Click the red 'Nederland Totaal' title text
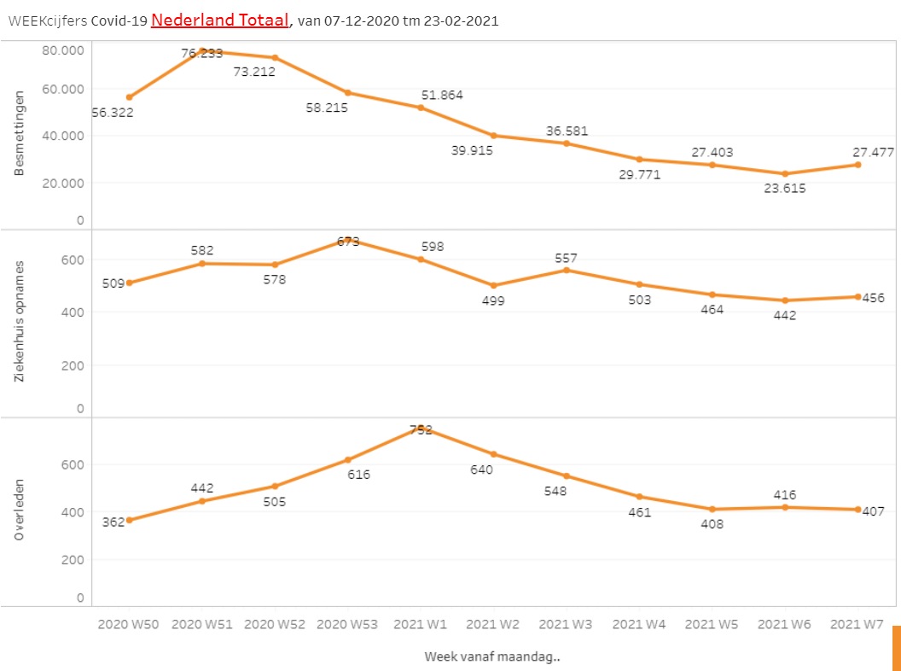[x=221, y=20]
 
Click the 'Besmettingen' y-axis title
[x=20, y=136]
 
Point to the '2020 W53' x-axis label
[x=347, y=624]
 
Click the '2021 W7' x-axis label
[x=857, y=624]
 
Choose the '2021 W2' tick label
[x=493, y=624]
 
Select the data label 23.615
[x=784, y=189]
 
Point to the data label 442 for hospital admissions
[x=784, y=315]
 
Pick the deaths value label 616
[x=359, y=474]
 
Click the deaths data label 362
[x=113, y=522]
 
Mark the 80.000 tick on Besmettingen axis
[x=62, y=50]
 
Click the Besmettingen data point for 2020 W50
[x=129, y=97]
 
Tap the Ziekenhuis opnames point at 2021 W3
[x=567, y=270]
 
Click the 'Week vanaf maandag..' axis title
[x=492, y=656]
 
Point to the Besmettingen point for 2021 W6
[x=784, y=173]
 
